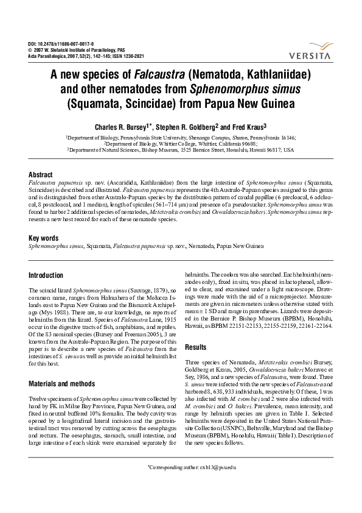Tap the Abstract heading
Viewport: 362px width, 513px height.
coord(41,174)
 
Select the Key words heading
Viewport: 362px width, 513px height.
coord(44,238)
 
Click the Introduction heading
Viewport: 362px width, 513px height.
coord(46,275)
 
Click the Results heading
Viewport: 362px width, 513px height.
coord(196,347)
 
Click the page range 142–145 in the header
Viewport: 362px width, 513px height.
coord(97,57)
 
